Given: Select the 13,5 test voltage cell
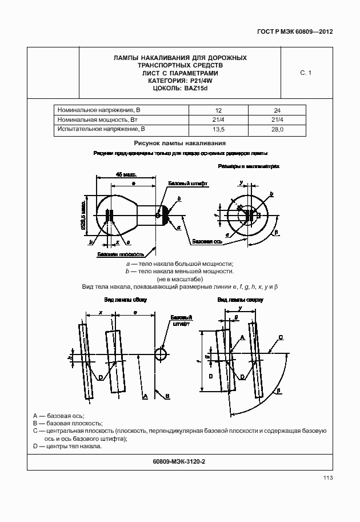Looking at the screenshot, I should (x=218, y=130).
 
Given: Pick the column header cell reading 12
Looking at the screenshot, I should (x=218, y=109).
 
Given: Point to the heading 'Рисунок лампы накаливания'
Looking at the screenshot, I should (x=180, y=144).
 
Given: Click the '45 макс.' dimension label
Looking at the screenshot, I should (x=125, y=174).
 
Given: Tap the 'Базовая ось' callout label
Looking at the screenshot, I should (x=207, y=242).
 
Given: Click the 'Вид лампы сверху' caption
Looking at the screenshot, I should (x=239, y=300).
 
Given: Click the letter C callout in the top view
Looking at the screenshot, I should (x=280, y=337).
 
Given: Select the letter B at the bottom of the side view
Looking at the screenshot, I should (x=167, y=396).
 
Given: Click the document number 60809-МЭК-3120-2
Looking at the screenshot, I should (x=179, y=461).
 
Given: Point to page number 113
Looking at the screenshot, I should (x=327, y=478).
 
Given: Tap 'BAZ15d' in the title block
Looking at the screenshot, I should (x=197, y=89).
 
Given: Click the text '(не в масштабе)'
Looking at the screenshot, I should (x=180, y=278).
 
